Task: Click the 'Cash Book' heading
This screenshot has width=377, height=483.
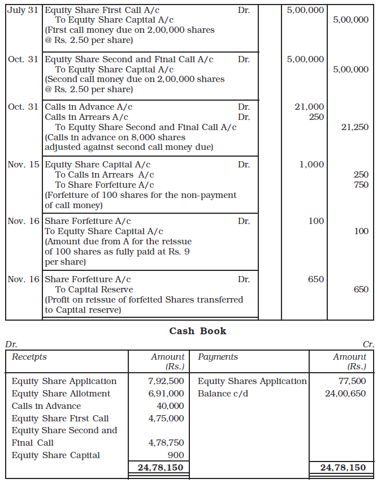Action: [197, 331]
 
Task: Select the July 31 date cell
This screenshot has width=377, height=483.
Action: [23, 11]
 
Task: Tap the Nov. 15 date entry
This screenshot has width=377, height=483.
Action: [23, 165]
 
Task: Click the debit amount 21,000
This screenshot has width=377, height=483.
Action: [309, 106]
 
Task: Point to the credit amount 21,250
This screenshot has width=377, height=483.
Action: [354, 127]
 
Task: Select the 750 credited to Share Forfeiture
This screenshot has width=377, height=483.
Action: [360, 185]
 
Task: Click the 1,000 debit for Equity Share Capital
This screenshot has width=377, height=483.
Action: [312, 165]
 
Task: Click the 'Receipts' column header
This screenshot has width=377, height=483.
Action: [29, 357]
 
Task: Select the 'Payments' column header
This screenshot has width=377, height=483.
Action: [218, 357]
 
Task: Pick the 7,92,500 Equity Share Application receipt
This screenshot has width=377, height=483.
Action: [166, 381]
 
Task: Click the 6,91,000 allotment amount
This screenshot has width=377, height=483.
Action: [166, 394]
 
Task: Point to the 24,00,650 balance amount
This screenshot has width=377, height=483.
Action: [345, 394]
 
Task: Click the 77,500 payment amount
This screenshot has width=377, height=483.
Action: [352, 381]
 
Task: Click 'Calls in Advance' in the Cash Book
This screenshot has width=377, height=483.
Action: [46, 406]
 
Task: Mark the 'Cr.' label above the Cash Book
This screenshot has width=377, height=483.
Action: [368, 344]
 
